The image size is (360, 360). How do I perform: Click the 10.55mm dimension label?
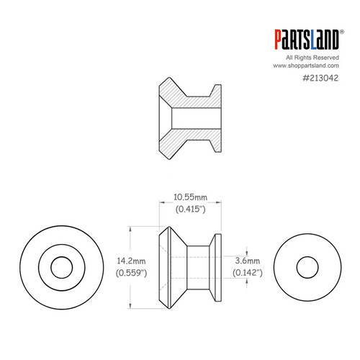(x=191, y=197)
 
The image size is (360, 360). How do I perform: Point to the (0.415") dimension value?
(x=191, y=209)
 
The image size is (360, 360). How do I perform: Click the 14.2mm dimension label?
(x=131, y=261)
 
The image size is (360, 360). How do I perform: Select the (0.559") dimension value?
(x=131, y=273)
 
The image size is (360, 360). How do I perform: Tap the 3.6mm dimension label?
(x=246, y=260)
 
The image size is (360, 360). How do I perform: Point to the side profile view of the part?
(x=191, y=266)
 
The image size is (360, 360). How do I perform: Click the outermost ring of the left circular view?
(x=29, y=267)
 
